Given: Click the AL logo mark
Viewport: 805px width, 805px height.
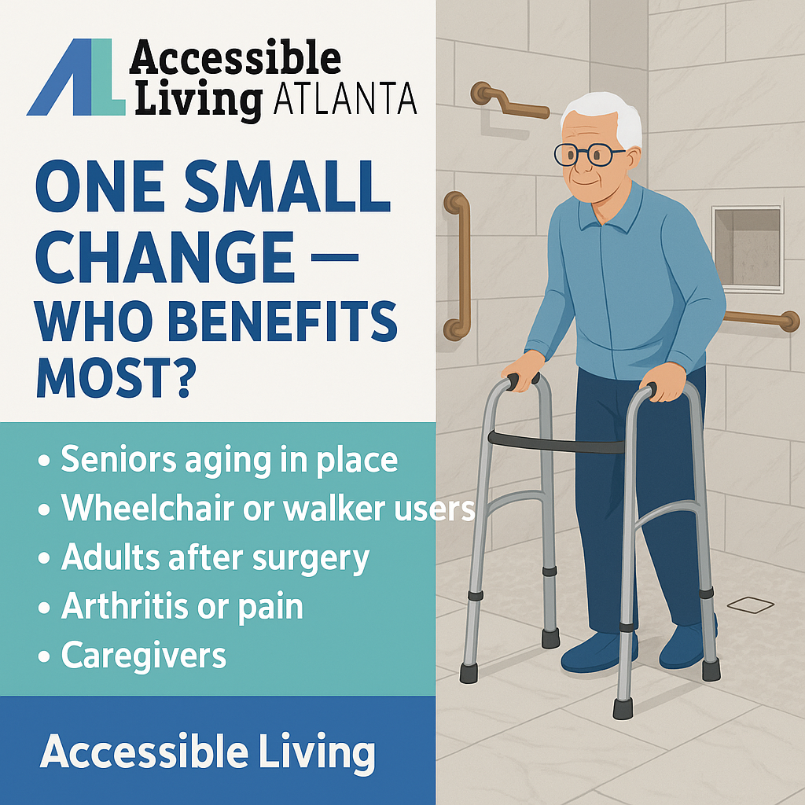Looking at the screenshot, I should [x=75, y=79].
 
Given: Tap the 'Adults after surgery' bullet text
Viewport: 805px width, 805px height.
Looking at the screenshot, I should [x=215, y=557].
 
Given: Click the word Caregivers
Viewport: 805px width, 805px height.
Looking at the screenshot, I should [x=143, y=655].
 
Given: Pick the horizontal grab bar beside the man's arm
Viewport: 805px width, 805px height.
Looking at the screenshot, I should [x=759, y=318].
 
